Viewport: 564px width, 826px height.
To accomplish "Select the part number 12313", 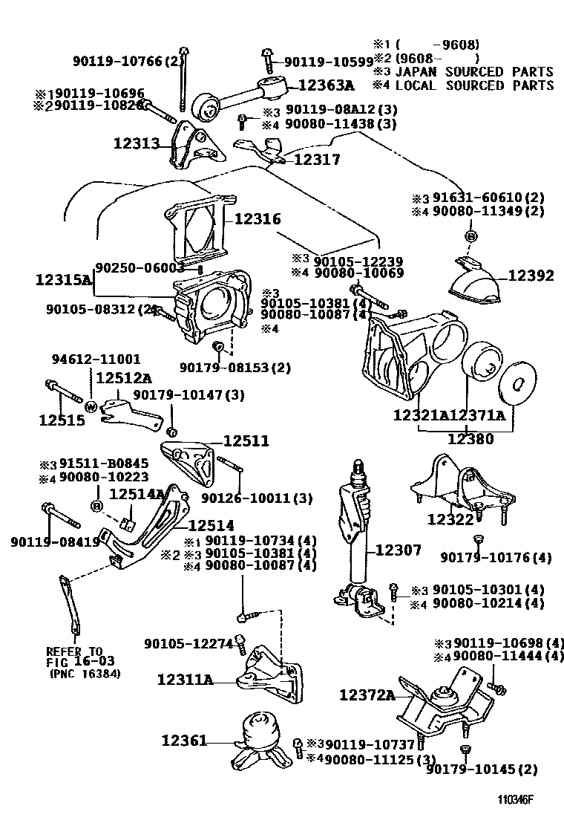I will coord(137,143).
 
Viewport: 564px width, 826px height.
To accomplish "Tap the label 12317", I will coord(317,159).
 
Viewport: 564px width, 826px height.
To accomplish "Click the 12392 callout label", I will coord(531,276).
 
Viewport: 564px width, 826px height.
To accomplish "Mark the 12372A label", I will coord(367,695).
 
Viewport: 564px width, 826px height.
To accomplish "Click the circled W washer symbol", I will coord(91,406).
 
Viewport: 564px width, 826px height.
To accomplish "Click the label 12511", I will coord(246,441).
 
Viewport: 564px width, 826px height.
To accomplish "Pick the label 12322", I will coord(450,519).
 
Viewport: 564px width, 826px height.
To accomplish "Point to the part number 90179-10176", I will coord(496,556).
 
